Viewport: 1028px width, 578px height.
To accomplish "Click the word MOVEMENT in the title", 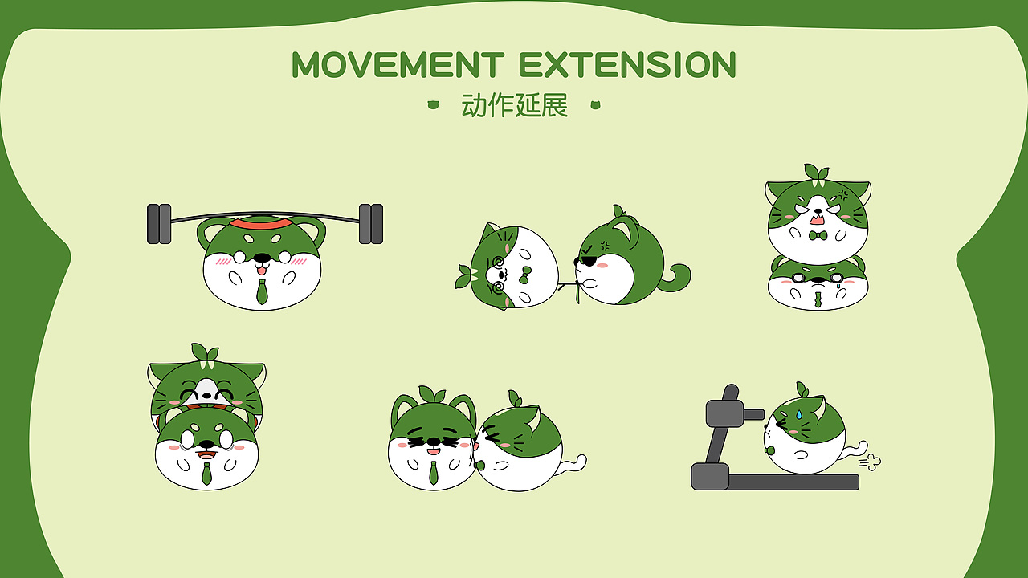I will click(398, 65).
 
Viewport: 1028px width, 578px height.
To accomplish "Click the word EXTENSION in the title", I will click(627, 65).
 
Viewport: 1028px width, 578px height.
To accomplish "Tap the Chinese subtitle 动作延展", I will click(515, 105).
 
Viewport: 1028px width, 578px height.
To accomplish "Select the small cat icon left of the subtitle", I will click(434, 104).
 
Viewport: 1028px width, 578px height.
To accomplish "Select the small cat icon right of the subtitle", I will click(595, 104).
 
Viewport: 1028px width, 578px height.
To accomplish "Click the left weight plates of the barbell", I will click(159, 223).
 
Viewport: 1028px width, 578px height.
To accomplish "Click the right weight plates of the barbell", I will click(370, 223).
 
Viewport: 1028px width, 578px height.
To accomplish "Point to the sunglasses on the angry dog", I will click(588, 261).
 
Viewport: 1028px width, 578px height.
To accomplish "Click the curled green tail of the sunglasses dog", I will click(676, 277).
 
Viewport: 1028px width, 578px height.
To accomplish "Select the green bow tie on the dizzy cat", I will click(524, 275).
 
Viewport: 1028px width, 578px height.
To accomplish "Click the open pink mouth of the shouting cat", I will click(817, 218).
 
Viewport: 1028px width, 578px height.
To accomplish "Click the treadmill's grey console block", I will click(725, 413).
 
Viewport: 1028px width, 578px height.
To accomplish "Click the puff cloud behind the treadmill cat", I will click(870, 462).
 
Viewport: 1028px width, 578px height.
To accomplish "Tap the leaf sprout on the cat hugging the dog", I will click(204, 352).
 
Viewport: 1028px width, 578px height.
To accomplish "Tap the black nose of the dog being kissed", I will click(432, 441).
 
